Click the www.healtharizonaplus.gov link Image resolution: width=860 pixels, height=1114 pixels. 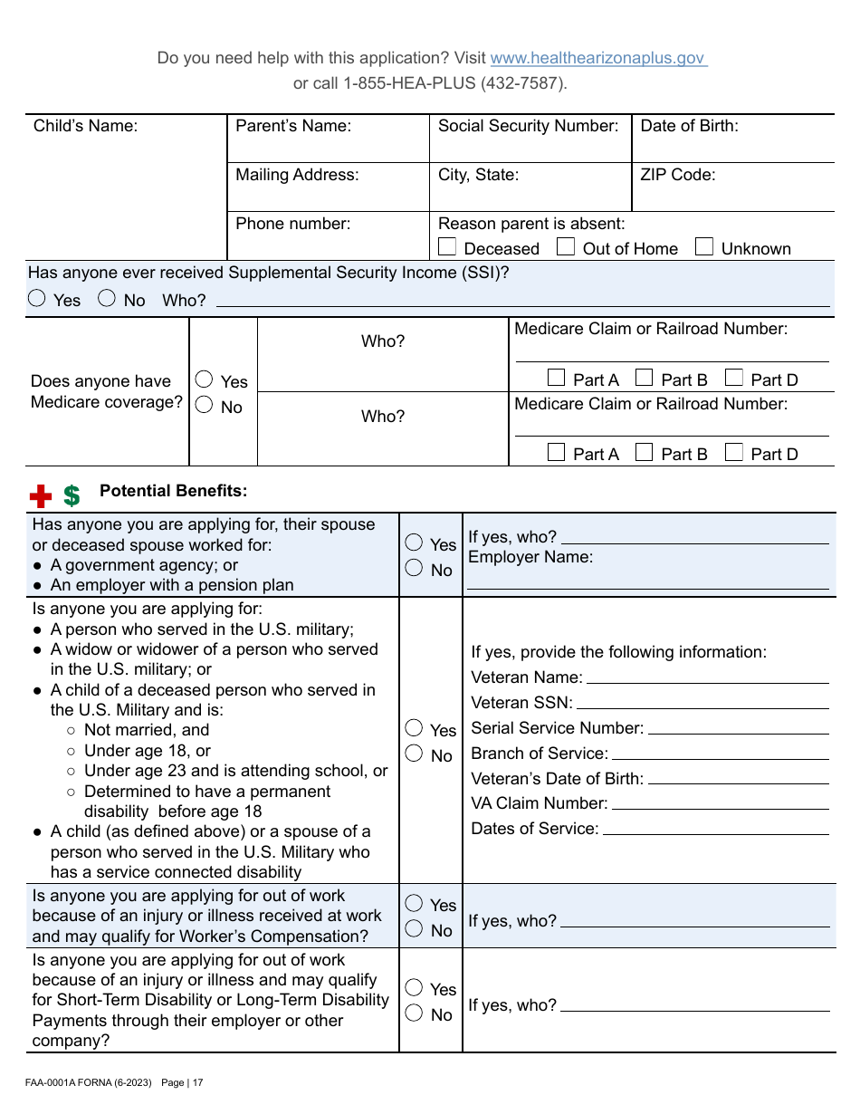(597, 58)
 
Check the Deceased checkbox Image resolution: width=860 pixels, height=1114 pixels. (447, 246)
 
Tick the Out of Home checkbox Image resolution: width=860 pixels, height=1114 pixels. (566, 246)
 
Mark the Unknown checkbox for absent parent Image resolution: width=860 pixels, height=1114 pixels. (704, 246)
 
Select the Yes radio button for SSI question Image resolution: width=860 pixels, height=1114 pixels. (37, 298)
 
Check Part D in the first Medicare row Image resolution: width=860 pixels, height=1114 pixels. (734, 378)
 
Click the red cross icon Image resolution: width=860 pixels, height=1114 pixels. (41, 495)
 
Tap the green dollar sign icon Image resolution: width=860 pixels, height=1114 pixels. (72, 495)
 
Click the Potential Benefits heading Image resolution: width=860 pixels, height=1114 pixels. (173, 491)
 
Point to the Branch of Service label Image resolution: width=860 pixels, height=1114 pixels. (540, 754)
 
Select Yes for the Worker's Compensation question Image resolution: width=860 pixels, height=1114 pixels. (414, 903)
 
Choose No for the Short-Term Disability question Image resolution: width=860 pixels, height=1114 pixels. (414, 1013)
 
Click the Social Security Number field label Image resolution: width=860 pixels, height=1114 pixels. (528, 126)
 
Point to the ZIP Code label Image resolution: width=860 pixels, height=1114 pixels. (677, 175)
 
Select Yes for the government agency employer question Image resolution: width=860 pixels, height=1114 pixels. (414, 543)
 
